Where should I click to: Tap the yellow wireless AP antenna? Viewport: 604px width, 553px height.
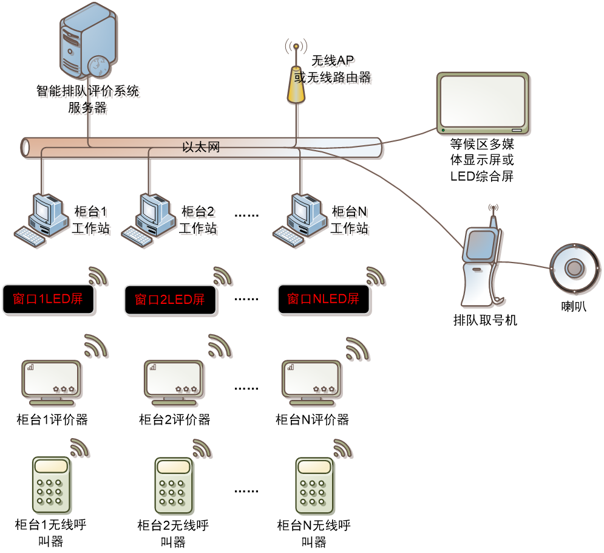coord(296,84)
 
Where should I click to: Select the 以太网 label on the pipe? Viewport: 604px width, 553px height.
coord(200,148)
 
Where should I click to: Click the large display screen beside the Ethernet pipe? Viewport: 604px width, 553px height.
coord(483,103)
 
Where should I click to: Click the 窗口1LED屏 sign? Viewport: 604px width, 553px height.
coord(49,300)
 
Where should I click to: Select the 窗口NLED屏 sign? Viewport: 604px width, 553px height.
coord(324,300)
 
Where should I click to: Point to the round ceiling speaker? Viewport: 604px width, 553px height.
coord(574,269)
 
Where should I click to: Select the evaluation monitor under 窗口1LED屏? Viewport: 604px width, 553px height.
coord(51,381)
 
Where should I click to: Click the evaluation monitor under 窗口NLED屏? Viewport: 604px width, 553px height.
coord(311,381)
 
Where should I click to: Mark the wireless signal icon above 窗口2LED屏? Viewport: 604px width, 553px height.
coord(223,276)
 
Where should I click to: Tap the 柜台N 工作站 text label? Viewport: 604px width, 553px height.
coord(351,222)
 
